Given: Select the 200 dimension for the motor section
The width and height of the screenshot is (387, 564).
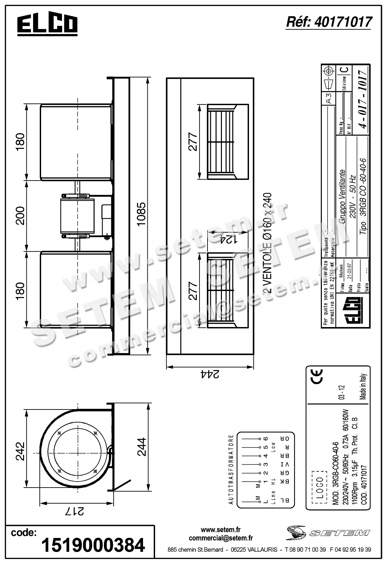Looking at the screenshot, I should (x=20, y=216).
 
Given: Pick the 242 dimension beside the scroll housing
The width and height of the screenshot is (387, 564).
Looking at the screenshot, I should (x=20, y=451).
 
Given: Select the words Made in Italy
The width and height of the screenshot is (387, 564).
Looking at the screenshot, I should (x=363, y=387).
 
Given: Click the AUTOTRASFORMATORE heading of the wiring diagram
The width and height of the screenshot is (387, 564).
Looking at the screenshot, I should (x=231, y=469).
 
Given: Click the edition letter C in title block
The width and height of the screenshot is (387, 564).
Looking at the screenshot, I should (x=345, y=70).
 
